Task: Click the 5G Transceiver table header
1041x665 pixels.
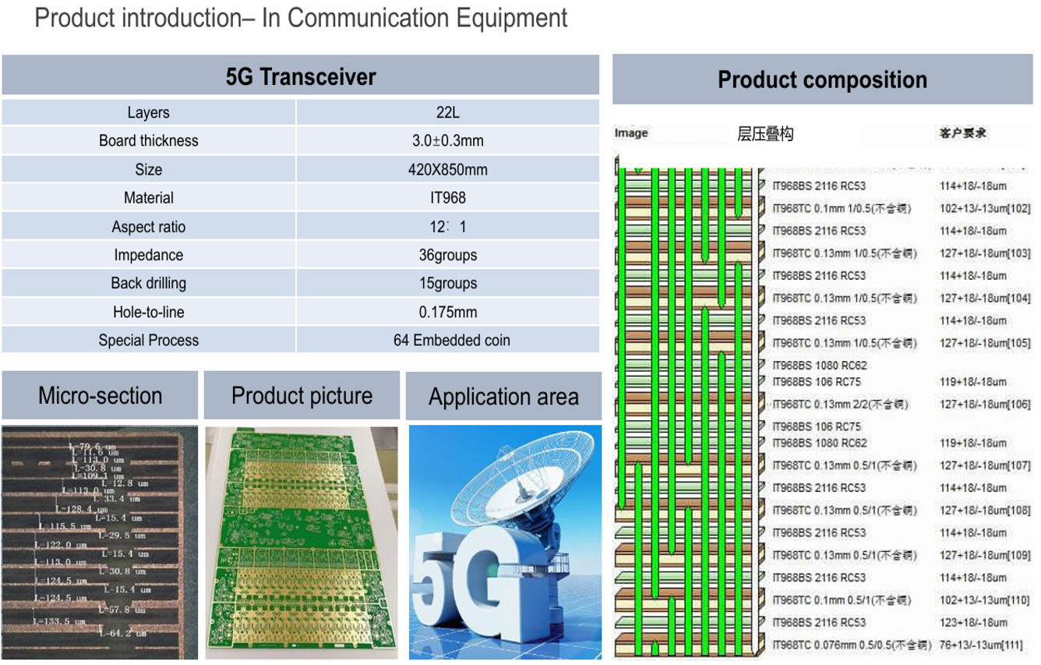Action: click(301, 76)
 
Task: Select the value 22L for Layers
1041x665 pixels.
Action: click(447, 112)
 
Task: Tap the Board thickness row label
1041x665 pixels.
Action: click(148, 141)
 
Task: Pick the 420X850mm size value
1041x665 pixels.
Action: click(447, 169)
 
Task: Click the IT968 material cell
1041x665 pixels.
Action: click(447, 198)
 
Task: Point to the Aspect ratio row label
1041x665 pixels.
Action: click(148, 227)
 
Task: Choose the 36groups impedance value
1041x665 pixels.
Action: click(447, 255)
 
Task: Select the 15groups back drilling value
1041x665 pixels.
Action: click(447, 283)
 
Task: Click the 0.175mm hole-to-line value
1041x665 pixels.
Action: click(447, 312)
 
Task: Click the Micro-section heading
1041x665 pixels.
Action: click(100, 395)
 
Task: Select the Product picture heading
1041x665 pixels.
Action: click(302, 395)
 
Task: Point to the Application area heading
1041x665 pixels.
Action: click(503, 397)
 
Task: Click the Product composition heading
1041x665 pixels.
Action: click(822, 80)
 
